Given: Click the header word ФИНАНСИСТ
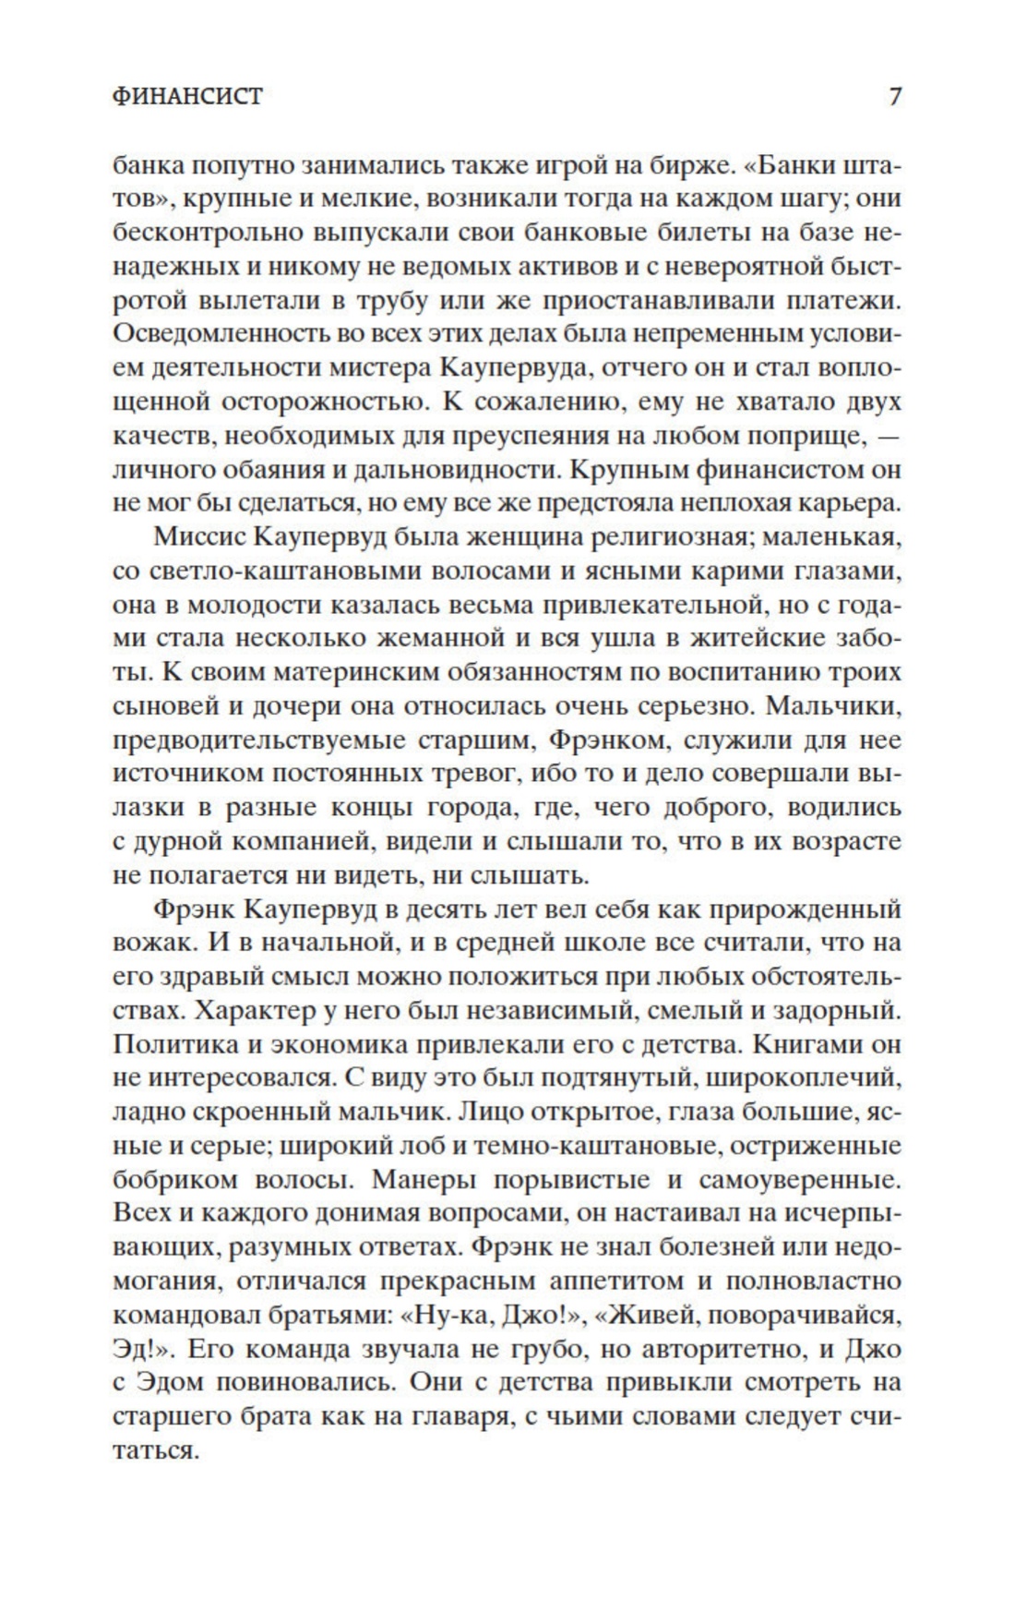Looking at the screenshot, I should [x=187, y=96].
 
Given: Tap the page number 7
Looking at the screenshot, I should [x=894, y=96].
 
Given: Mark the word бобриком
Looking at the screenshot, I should [x=173, y=1179].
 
